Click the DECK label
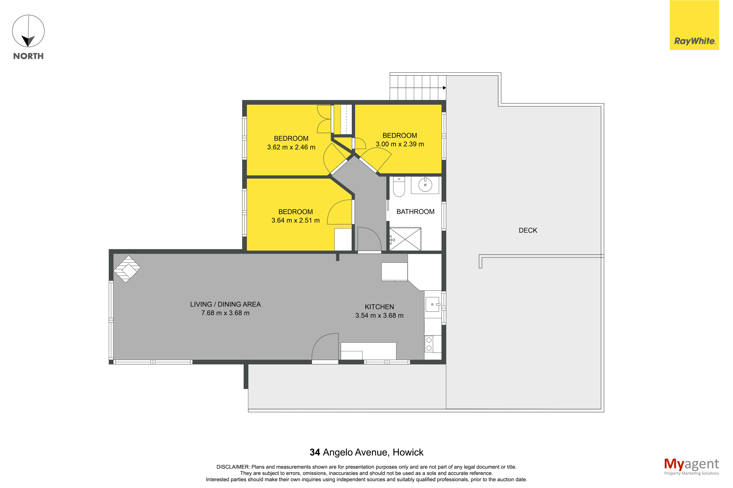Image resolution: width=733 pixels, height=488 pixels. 528,230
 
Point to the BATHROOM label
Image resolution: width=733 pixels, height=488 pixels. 415,212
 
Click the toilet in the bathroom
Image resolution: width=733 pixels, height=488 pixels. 399,187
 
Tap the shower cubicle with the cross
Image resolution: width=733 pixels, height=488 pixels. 405,239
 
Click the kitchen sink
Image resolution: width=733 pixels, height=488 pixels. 432,304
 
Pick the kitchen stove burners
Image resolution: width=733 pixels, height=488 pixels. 429,344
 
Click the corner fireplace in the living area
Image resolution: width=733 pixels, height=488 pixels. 127,269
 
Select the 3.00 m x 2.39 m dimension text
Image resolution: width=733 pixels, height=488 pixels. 400,144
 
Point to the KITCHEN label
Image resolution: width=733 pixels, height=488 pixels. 379,307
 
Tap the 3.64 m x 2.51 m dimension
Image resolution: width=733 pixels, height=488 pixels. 295,220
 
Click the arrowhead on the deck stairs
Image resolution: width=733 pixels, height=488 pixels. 444,88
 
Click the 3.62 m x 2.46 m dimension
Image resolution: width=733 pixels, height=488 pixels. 291,147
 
